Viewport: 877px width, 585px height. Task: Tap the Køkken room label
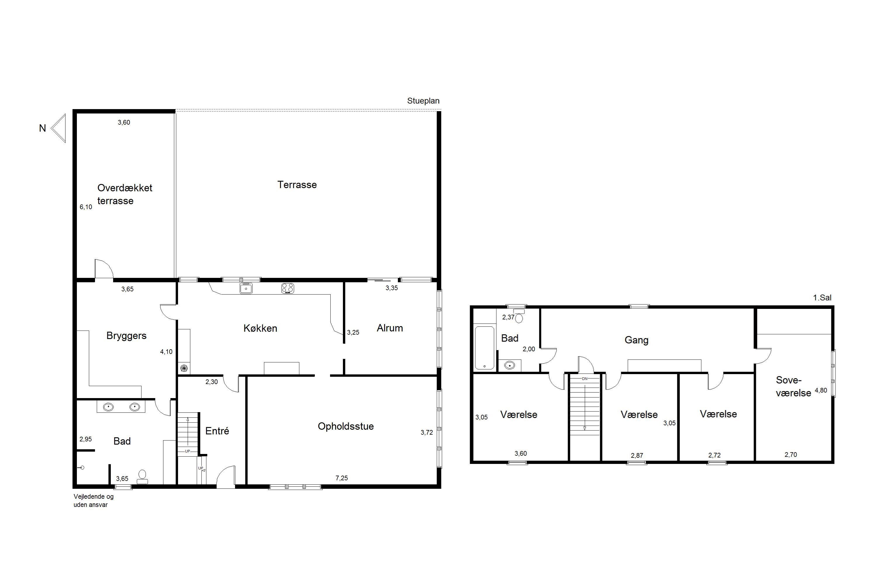(x=260, y=328)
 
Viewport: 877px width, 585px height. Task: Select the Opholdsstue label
(x=346, y=426)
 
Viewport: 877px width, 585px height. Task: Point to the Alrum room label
(x=390, y=328)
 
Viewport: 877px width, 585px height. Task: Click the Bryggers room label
(x=126, y=336)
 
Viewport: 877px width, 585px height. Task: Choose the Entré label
(x=217, y=431)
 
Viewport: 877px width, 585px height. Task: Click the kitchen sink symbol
(x=246, y=288)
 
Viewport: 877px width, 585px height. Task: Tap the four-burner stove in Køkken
(x=287, y=288)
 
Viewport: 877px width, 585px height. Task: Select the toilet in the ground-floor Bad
(x=142, y=476)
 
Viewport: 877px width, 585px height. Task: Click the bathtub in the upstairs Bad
(x=484, y=348)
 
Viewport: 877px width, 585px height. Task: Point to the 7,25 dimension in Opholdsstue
(x=341, y=478)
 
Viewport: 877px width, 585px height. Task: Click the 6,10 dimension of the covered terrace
(x=86, y=207)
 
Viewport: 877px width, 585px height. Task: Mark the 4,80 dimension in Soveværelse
(x=821, y=390)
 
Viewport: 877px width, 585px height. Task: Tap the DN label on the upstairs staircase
(x=584, y=379)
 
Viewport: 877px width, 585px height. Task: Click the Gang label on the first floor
(x=636, y=340)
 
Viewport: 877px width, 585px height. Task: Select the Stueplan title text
(x=423, y=101)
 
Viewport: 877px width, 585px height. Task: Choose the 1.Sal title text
(x=822, y=298)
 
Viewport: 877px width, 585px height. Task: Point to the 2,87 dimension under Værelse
(x=637, y=455)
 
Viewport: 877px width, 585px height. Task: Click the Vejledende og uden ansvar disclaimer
(x=94, y=501)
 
